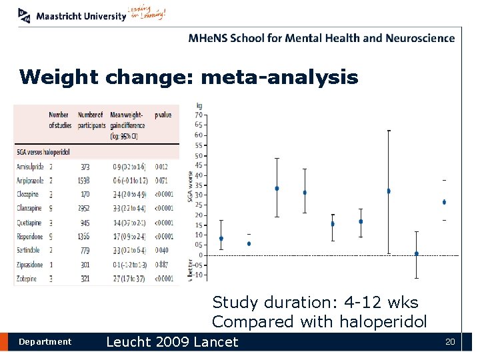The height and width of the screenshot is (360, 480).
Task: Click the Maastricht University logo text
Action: point(81,16)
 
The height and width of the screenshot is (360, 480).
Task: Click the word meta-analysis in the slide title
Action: point(279,78)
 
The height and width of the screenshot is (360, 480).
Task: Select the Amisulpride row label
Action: point(31,166)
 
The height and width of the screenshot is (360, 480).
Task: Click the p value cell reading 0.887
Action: point(163,264)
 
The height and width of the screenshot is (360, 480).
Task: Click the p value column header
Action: point(163,115)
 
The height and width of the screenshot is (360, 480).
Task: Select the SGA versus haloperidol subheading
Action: point(44,151)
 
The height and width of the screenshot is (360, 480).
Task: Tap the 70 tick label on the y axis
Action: point(199,115)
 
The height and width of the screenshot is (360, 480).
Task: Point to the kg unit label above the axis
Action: point(199,105)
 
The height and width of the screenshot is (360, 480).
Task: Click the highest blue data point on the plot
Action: point(277,188)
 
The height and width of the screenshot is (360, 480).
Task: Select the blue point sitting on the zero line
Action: point(416,253)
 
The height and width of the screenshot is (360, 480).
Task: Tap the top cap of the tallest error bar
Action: point(389,131)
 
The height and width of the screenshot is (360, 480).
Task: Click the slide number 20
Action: point(450,342)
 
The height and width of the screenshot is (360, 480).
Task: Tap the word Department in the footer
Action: point(45,342)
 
